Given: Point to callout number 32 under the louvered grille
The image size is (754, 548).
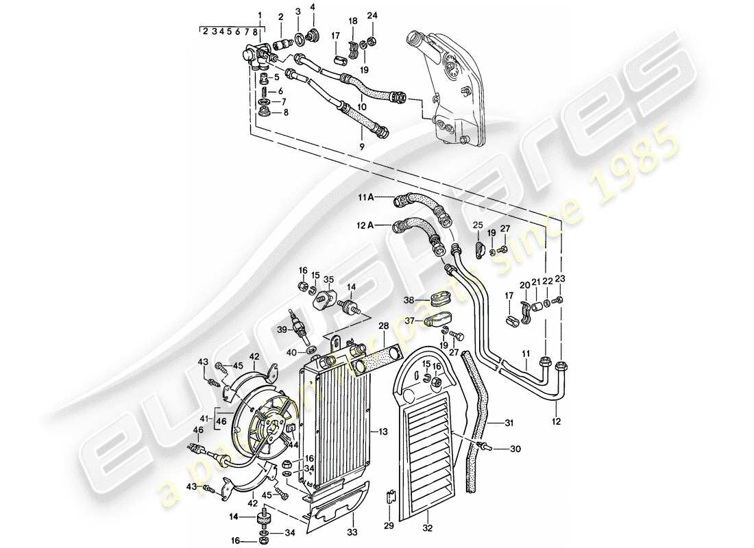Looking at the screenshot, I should click(427, 529).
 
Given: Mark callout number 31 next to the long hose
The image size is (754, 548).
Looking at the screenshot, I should click(509, 422).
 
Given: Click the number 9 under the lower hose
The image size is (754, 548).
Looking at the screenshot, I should click(361, 146).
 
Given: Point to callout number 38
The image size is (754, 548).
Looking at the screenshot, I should click(409, 299).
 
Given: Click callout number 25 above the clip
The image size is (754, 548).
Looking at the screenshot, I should click(477, 225).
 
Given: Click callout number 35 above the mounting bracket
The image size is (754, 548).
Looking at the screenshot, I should click(328, 279).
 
